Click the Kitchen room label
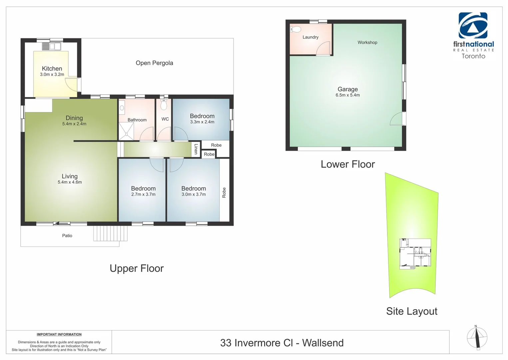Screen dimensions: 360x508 coord(52,69)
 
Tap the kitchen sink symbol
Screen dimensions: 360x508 coord(51,46)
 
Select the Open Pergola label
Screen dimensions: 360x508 coord(154,63)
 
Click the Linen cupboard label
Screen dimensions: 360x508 coord(196,149)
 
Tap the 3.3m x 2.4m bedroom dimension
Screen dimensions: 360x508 coord(202,122)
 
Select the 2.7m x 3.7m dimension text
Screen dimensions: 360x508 coord(143,194)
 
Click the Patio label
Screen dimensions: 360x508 coord(67,236)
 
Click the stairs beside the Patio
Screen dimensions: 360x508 coord(110,233)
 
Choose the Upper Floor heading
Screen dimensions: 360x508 coord(137,268)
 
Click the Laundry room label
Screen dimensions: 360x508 coord(310,37)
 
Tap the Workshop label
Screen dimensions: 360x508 coord(367,43)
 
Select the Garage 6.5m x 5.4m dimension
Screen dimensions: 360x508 coord(347,95)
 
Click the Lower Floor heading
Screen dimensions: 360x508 coord(347,164)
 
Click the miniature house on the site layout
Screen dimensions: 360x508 coord(415,254)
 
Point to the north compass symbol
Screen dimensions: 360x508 coord(477,338)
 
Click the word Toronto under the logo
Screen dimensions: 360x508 coord(473,56)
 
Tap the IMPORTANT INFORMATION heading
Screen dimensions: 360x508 coord(59,334)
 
